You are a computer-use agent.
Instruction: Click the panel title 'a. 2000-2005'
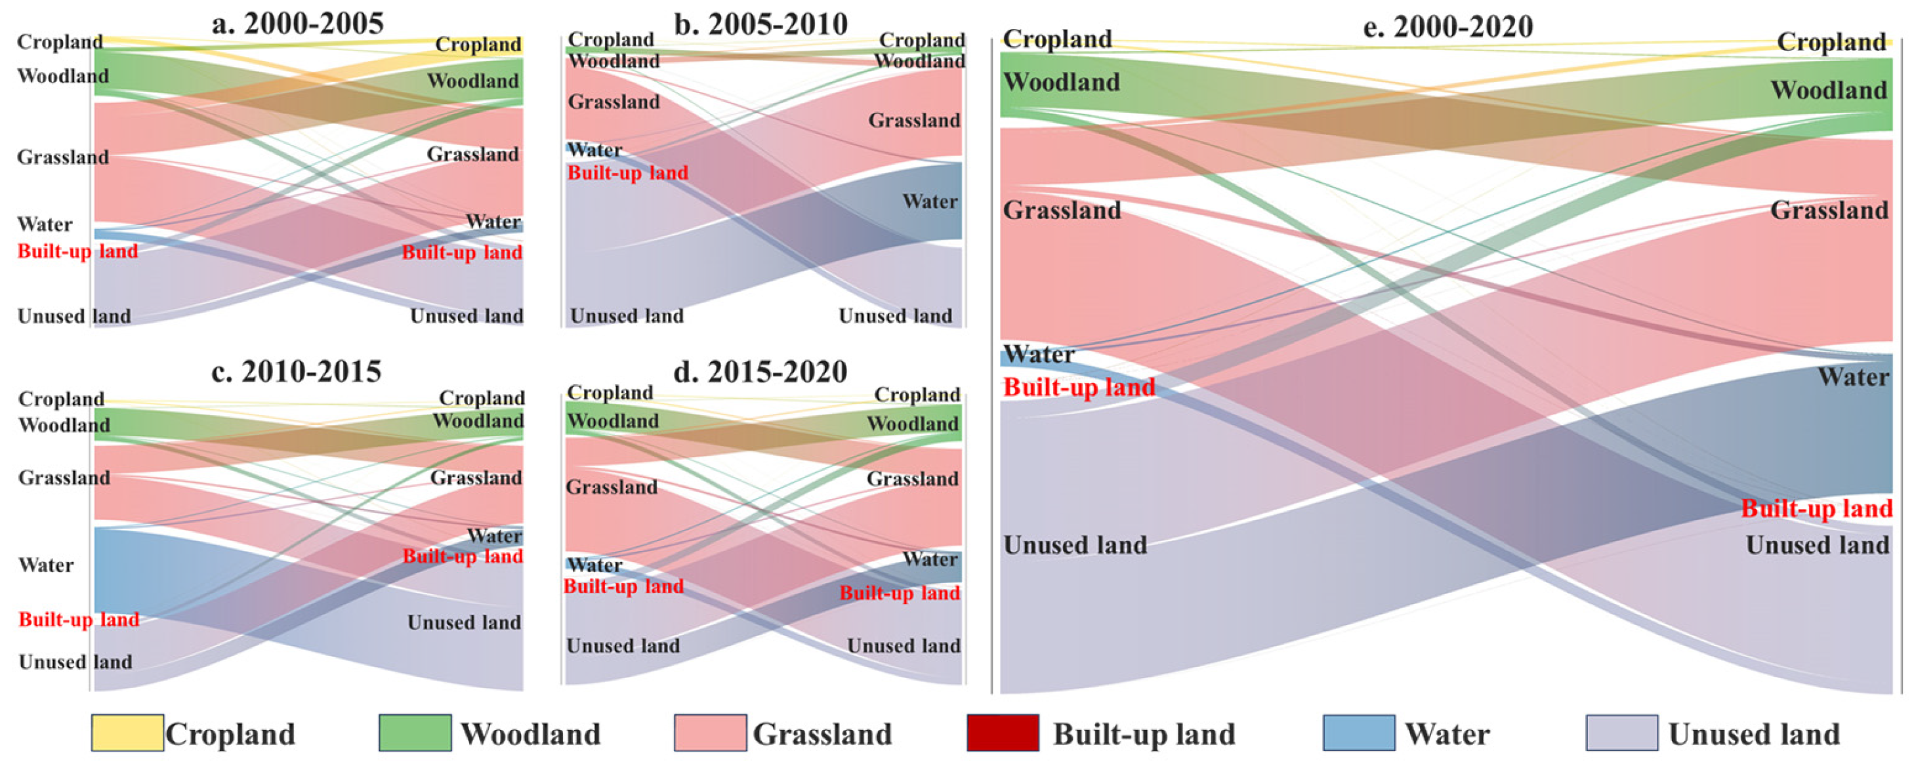point(297,24)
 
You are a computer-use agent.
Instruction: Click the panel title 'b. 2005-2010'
point(761,24)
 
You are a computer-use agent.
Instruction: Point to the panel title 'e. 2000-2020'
point(1448,27)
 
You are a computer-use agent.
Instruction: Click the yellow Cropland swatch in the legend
point(127,733)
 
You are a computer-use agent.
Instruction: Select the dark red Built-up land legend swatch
point(1003,733)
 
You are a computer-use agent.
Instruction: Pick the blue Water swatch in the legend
point(1358,733)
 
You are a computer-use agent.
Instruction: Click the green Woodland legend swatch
point(415,733)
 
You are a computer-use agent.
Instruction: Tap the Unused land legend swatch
point(1621,733)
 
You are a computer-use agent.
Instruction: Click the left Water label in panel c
point(46,565)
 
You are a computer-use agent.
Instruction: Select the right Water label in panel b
point(930,201)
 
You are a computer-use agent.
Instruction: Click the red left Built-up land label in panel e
point(1079,387)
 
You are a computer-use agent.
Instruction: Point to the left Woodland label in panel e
point(1061,82)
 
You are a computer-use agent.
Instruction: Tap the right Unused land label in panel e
point(1818,545)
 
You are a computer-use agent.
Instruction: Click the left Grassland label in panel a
point(63,157)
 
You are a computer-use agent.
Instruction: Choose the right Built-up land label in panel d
point(899,593)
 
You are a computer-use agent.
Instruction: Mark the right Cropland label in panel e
point(1831,43)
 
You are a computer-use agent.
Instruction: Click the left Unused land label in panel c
point(75,662)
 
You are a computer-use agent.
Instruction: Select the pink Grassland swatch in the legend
point(709,733)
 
